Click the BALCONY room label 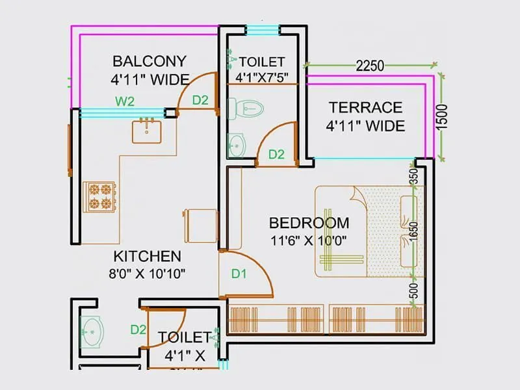pos(149,62)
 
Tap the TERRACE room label pos(365,107)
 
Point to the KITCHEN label pos(148,256)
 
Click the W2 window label pos(125,101)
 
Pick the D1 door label pos(239,274)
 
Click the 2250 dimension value pos(370,66)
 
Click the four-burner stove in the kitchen pos(100,196)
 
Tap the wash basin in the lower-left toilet pos(91,330)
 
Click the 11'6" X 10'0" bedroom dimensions pos(309,240)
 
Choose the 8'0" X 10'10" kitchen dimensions pos(148,273)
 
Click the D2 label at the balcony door pos(200,100)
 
